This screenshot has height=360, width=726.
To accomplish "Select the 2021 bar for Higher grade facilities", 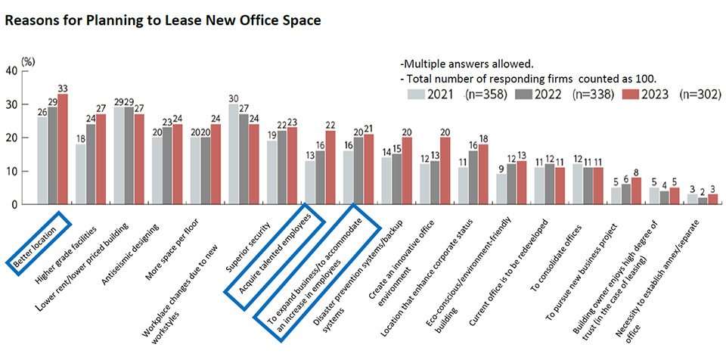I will coord(79,174).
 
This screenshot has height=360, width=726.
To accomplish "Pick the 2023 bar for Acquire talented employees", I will coord(329,167).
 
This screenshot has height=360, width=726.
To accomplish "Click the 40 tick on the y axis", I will coord(11,71).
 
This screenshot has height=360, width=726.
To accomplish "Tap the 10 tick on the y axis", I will coord(11,171).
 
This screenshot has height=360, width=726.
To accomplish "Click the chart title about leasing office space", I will coord(163,20).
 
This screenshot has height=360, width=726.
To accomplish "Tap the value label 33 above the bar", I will coord(63,87).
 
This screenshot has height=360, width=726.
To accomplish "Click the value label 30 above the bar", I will coord(234,97).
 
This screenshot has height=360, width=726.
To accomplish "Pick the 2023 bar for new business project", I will coord(636,191).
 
